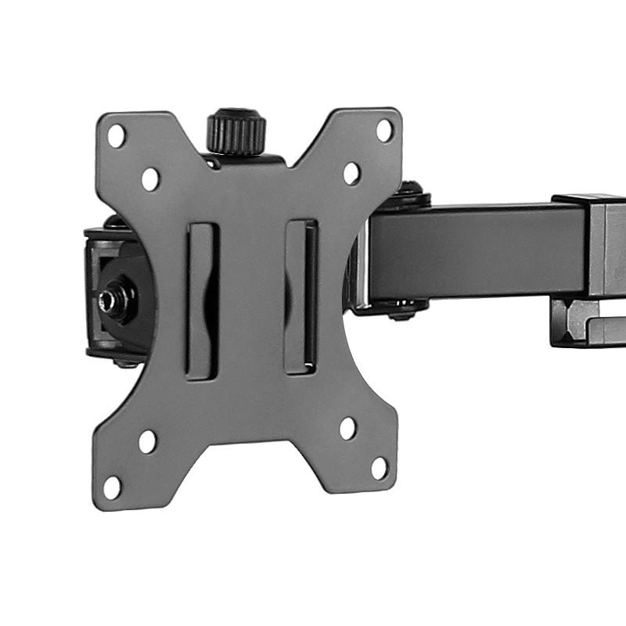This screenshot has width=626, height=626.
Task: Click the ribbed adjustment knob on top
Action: click(236, 131)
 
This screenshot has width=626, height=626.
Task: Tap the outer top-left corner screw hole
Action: click(116, 136)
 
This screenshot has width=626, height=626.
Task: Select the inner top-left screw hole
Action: click(150, 179)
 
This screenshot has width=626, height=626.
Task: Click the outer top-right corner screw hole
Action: click(384, 130)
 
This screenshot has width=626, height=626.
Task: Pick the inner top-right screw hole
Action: click(351, 174)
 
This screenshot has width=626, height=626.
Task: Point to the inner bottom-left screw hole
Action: click(147, 441)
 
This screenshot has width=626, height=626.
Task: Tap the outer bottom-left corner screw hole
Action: click(113, 487)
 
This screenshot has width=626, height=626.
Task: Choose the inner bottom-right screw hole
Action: click(348, 428)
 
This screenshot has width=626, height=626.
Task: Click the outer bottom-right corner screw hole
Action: click(380, 468)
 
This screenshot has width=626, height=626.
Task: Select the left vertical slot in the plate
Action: click(202, 301)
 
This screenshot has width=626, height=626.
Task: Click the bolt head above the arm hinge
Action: click(410, 192)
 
